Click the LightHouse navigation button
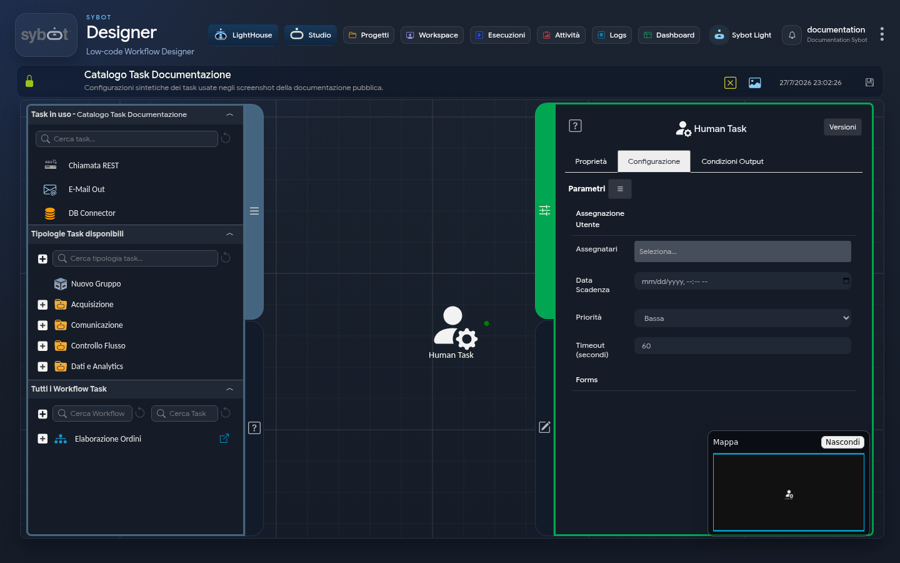pos(243,35)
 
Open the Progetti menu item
pos(369,35)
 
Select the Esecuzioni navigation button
pos(500,35)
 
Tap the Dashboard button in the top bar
pos(669,35)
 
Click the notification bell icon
pos(792,35)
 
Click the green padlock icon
pos(29,81)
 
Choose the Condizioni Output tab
pos(732,161)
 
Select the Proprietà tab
pos(591,161)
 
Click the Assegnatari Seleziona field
pos(742,251)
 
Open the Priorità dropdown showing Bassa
pos(742,318)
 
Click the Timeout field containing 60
pos(742,346)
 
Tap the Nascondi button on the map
pos(842,442)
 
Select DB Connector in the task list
pos(92,213)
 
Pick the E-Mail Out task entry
pos(86,190)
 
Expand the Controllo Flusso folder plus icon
pos(42,346)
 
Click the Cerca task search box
pos(126,139)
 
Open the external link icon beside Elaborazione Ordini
pos(224,439)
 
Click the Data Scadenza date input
pos(742,281)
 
